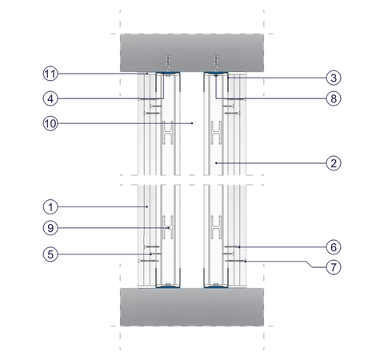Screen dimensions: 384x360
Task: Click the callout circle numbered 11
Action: point(50,74)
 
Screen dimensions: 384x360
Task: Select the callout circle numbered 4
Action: point(50,98)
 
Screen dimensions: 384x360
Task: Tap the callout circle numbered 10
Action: point(50,123)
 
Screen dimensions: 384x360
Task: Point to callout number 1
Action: point(50,207)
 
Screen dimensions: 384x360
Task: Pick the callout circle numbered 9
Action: point(50,228)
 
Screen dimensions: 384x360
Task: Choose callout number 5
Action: point(50,254)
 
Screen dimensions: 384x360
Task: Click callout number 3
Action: point(334,78)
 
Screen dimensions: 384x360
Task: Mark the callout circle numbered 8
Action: point(334,98)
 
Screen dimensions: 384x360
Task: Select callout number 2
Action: point(334,163)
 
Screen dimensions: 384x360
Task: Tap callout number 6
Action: point(334,247)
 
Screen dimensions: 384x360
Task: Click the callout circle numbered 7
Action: point(334,267)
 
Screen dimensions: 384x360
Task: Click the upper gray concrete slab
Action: point(192,53)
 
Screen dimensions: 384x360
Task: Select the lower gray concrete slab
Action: point(192,306)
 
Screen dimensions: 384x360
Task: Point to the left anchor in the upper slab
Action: point(168,63)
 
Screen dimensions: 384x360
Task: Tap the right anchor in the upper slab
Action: point(216,63)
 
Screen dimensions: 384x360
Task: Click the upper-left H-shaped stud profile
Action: point(168,133)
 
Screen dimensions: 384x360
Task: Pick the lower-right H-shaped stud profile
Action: point(216,227)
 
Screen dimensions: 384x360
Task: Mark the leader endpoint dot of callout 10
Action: point(192,123)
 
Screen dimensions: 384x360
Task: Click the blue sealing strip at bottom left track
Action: point(168,287)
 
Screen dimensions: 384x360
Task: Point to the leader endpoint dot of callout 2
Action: point(216,162)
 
